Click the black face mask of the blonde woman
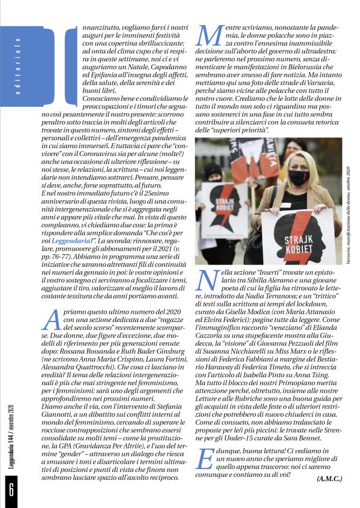point(298,178)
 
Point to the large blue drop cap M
point(209,36)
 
